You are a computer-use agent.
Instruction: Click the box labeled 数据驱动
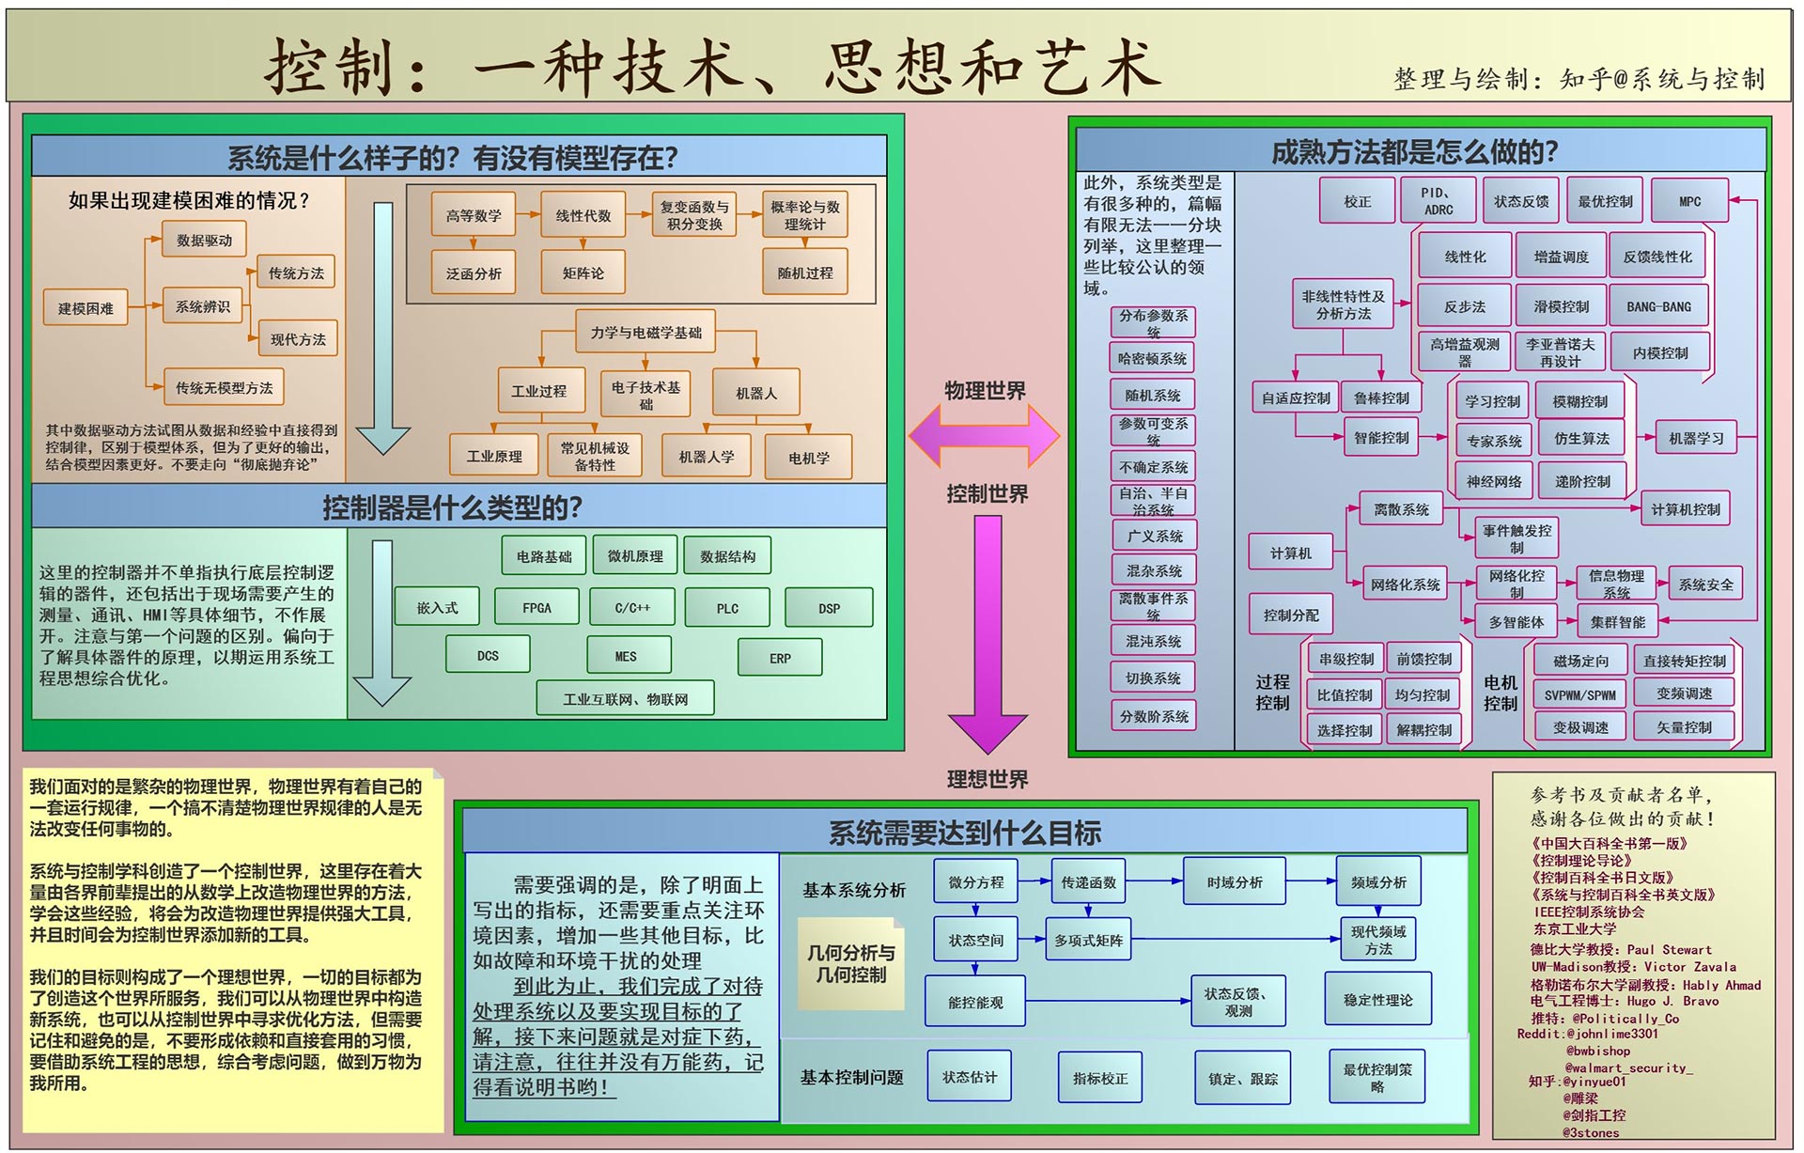pos(204,241)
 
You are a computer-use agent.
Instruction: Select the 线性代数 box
pos(583,216)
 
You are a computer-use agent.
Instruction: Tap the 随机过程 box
pos(804,273)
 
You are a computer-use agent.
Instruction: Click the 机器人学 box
pos(707,457)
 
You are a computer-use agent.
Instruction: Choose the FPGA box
pos(537,608)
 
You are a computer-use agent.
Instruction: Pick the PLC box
pos(727,608)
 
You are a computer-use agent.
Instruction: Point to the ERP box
pos(780,658)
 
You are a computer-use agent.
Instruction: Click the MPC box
pos(1689,201)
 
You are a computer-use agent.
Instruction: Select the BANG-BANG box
pos(1658,306)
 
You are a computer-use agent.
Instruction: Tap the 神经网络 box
pos(1493,481)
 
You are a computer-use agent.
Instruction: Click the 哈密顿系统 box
pos(1153,358)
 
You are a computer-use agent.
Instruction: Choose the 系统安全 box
pos(1705,584)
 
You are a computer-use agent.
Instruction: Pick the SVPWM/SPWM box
pos(1580,695)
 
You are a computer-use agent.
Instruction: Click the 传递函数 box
pos(1088,882)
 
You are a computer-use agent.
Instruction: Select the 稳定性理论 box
pos(1377,1000)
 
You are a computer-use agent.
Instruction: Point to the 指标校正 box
pos(1100,1079)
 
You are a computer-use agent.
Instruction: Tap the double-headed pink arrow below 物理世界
pos(984,436)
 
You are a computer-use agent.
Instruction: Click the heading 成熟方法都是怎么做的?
pos(1414,151)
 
